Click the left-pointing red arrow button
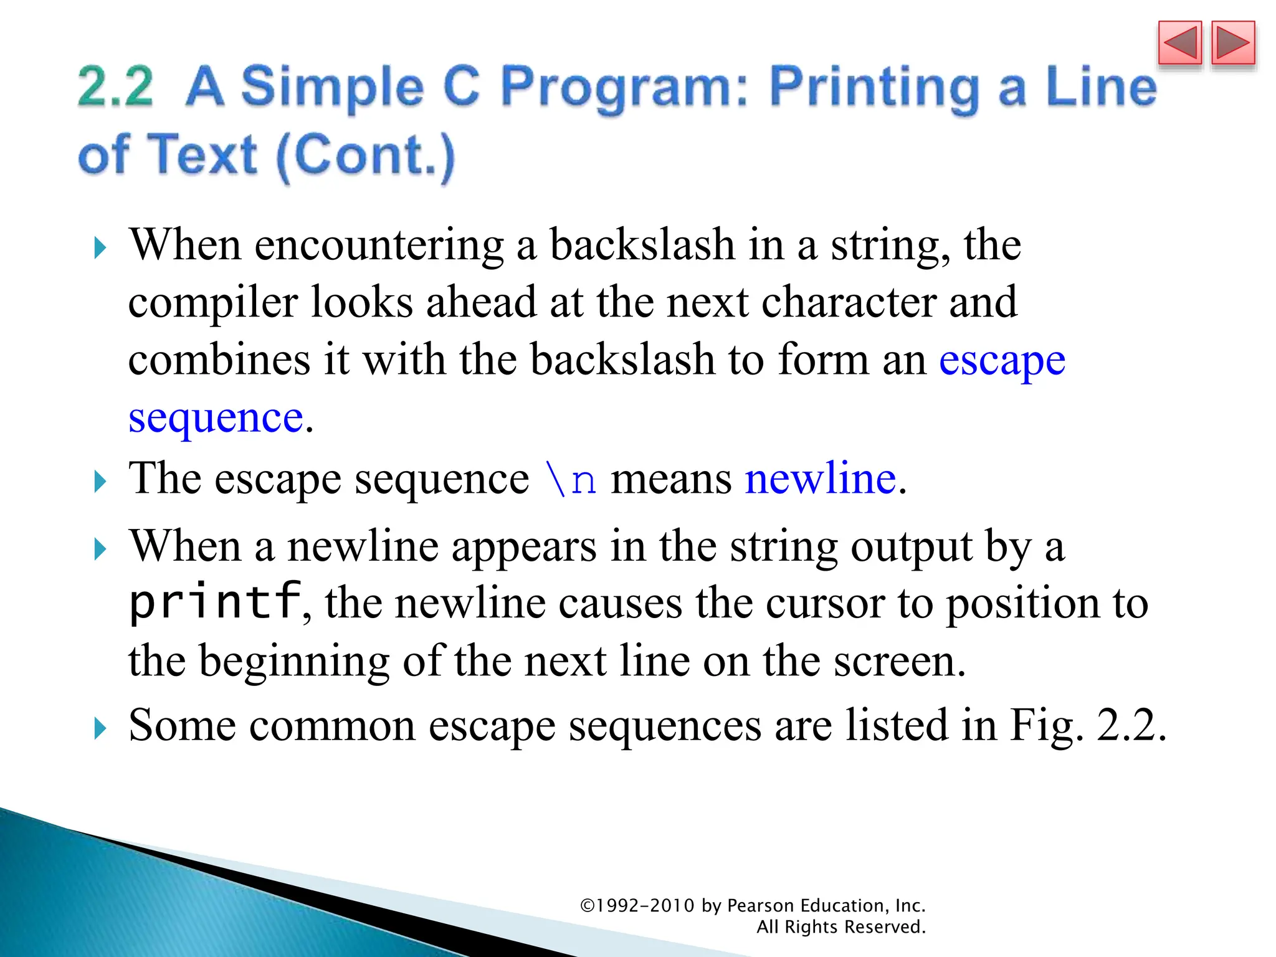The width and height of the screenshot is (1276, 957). pyautogui.click(x=1179, y=44)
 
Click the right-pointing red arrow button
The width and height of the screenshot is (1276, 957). pyautogui.click(x=1233, y=44)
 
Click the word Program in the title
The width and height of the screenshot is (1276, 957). pyautogui.click(x=623, y=88)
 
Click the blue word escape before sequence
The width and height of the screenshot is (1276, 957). pyautogui.click(x=1002, y=361)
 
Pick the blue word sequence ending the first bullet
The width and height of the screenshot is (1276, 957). pyautogui.click(x=216, y=417)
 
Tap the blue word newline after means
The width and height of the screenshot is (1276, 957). pyautogui.click(x=821, y=478)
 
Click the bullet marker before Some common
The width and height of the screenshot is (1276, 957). pyautogui.click(x=100, y=728)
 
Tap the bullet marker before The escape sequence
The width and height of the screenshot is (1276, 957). pyautogui.click(x=100, y=481)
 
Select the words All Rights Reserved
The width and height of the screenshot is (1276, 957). pyautogui.click(x=841, y=927)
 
